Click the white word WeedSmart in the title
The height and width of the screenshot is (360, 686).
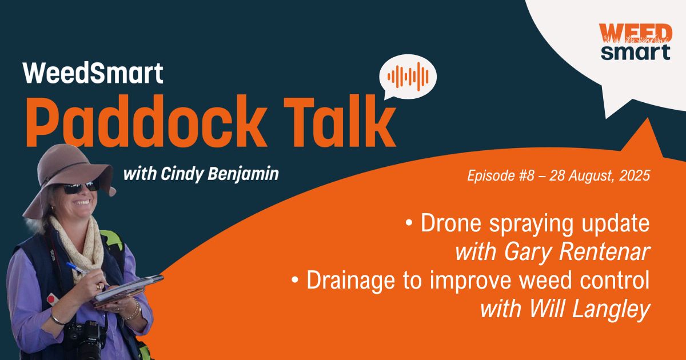(x=93, y=73)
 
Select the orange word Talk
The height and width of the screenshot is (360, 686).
(x=340, y=121)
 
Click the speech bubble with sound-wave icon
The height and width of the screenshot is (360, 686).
(x=408, y=77)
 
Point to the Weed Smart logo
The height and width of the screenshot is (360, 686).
(x=636, y=42)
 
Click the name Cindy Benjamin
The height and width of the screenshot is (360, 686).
(x=220, y=174)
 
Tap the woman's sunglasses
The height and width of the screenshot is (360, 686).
(x=79, y=187)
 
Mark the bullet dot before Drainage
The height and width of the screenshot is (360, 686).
(x=295, y=280)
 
